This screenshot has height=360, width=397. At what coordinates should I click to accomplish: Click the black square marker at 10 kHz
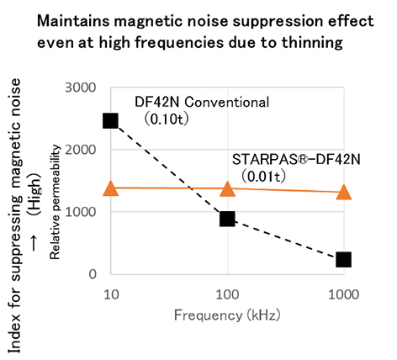pos(110,121)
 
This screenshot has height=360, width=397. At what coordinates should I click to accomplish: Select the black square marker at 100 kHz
pos(227,219)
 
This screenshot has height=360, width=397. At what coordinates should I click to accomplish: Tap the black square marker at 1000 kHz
pos(343,259)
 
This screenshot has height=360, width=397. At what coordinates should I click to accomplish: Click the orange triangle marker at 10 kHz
pos(111,188)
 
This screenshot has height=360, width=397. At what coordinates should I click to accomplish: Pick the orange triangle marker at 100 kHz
pos(227,188)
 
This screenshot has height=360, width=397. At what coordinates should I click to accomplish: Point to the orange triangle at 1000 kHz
pos(344,193)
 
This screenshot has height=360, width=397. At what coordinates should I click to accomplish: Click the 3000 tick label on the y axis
pos(81,87)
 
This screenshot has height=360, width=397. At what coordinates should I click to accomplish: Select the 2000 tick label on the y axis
pos(81,150)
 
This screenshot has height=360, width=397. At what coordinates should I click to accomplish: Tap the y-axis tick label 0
pos(93,274)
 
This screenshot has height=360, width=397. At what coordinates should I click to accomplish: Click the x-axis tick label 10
pos(111,294)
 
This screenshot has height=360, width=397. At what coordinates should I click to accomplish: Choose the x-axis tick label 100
pos(227,294)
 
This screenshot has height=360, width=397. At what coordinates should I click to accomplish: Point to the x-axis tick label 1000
pos(344,294)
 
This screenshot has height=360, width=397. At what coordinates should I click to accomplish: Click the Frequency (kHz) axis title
pos(227,315)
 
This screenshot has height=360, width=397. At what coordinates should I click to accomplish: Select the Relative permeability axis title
pos(55,202)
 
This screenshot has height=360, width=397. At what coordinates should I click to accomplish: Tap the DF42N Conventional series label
pos(202,102)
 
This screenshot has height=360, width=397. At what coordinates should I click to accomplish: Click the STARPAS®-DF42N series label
pos(296,160)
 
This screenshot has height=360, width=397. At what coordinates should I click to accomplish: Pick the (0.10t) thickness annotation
pos(167,119)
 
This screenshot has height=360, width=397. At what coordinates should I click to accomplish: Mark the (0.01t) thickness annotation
pos(263,177)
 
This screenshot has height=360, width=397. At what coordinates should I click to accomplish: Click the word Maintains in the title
pos(73,21)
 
